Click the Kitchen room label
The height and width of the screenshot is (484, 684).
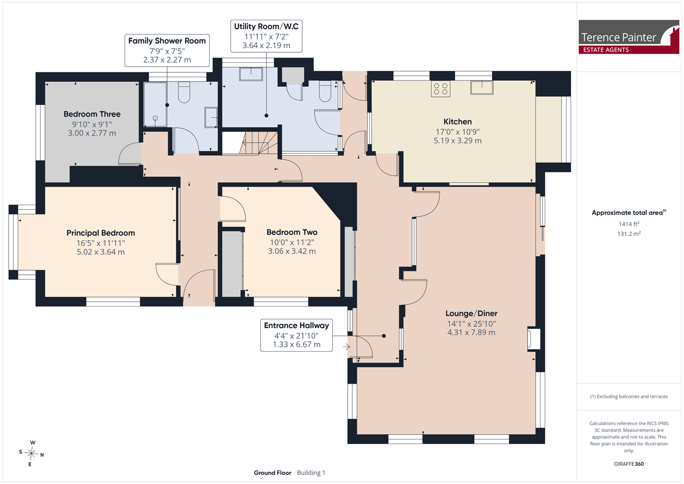tap(458, 122)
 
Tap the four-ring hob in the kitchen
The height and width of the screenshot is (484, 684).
tap(441, 89)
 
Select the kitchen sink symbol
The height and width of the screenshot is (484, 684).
tap(482, 88)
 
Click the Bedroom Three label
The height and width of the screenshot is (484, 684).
tap(92, 114)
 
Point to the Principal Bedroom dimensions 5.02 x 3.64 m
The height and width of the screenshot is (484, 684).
tap(100, 252)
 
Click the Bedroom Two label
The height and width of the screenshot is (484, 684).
tap(292, 232)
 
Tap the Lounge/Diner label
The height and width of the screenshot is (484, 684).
tap(472, 313)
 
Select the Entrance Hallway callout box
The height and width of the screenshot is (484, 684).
tap(296, 336)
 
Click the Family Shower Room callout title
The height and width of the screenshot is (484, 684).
tap(167, 41)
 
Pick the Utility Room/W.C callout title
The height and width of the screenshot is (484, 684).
tap(267, 26)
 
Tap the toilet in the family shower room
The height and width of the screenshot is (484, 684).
tap(184, 92)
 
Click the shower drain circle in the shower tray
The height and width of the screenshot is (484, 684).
tap(155, 118)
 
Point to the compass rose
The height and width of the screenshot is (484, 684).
tap(31, 454)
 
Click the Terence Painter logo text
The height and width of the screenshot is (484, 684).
tap(618, 38)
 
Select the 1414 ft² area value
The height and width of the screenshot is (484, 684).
tap(629, 224)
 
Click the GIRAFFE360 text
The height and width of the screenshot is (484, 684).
tap(629, 464)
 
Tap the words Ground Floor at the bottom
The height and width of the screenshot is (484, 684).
tap(273, 473)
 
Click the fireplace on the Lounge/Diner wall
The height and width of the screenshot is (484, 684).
tap(534, 338)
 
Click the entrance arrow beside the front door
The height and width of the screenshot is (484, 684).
tap(346, 347)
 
